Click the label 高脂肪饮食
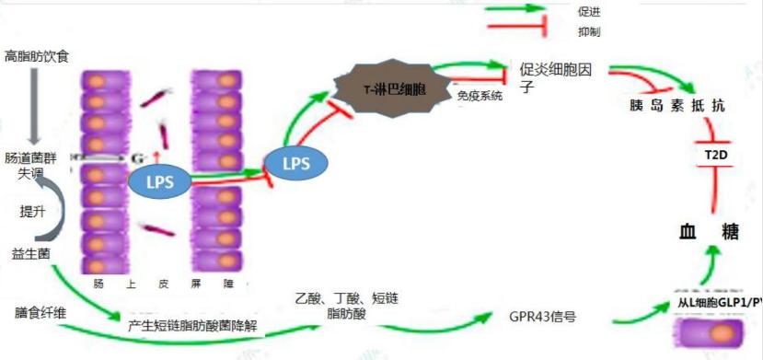click(36, 57)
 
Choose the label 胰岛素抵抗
click(676, 106)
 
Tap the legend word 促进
click(589, 12)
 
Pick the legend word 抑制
click(589, 32)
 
